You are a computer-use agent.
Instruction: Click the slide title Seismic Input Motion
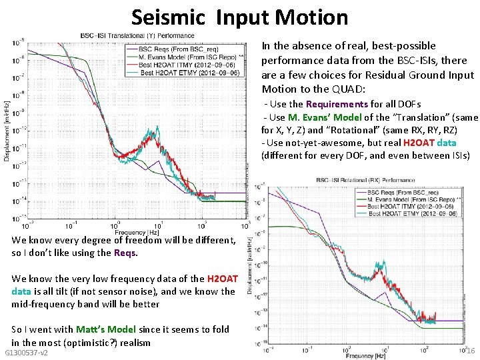(x=239, y=17)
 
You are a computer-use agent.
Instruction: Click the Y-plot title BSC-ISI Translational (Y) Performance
(x=137, y=35)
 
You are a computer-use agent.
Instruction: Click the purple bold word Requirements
(x=336, y=104)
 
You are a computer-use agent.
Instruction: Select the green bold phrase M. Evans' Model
(x=325, y=117)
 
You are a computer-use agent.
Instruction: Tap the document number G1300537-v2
(x=26, y=352)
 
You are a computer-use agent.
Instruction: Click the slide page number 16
(x=469, y=351)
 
